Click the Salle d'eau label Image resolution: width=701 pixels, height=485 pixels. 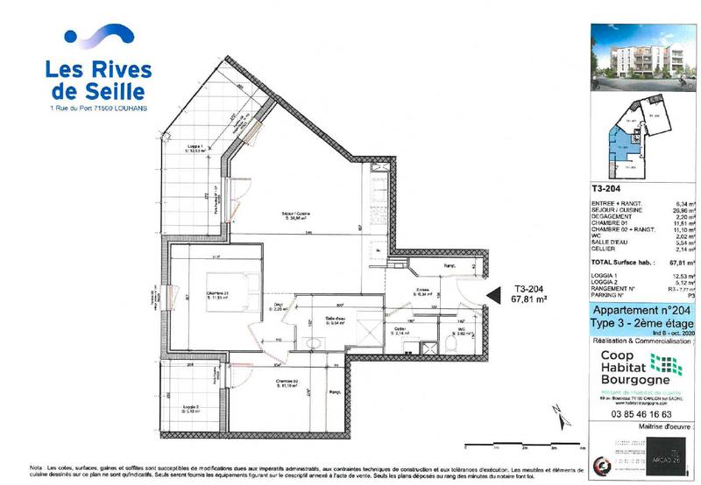[333, 320]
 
